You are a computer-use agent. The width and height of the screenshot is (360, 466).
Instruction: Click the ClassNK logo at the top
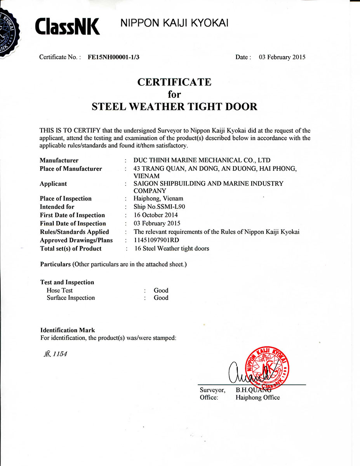point(67,26)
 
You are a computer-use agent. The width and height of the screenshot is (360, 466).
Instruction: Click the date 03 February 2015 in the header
point(282,57)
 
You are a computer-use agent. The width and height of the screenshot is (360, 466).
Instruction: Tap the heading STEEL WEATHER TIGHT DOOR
point(174,106)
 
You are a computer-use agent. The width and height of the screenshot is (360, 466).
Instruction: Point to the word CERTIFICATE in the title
point(174,82)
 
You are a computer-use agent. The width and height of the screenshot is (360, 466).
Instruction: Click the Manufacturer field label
point(59,160)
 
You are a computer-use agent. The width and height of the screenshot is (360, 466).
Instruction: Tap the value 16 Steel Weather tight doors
point(171,249)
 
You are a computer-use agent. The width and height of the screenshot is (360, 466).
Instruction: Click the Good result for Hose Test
point(161,290)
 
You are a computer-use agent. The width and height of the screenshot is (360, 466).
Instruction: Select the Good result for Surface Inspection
point(161,298)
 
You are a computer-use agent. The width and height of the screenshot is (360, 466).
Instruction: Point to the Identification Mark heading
point(68,330)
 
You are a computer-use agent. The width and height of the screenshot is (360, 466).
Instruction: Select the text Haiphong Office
point(257,398)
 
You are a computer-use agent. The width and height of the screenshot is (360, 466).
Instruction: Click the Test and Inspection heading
point(67,282)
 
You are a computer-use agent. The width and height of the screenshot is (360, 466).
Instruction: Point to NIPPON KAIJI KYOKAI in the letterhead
point(174,23)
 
